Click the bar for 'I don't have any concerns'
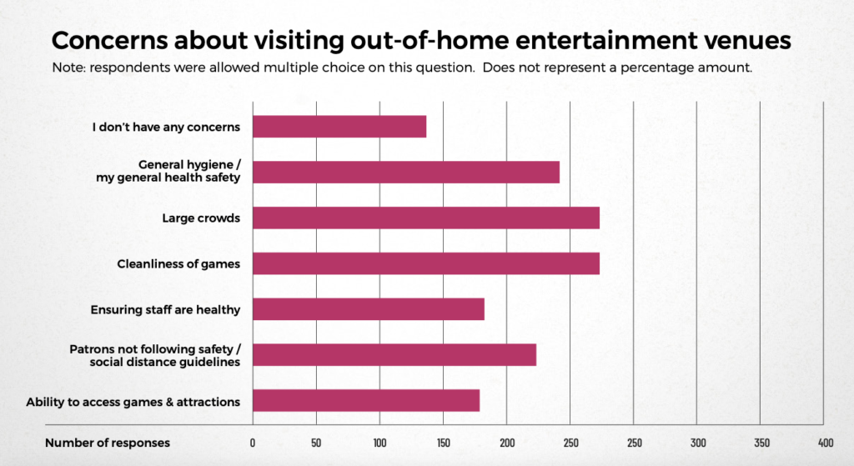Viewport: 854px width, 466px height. click(x=339, y=127)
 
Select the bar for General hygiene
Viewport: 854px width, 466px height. click(x=406, y=172)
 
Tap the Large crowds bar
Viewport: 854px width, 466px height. click(x=426, y=218)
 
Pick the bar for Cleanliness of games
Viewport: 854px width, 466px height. click(x=426, y=263)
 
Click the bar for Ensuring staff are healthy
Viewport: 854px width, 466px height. click(x=369, y=309)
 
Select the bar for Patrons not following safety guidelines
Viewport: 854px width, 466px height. click(x=394, y=355)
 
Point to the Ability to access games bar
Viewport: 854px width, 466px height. click(x=366, y=401)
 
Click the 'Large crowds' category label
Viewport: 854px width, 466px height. click(x=201, y=218)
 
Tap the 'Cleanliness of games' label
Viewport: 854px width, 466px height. click(x=178, y=264)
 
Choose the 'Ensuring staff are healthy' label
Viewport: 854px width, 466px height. click(x=165, y=310)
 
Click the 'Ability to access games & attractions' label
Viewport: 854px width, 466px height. click(x=133, y=402)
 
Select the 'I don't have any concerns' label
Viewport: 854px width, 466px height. click(x=166, y=128)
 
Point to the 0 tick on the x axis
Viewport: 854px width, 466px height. click(x=253, y=443)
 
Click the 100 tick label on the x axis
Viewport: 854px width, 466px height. click(x=379, y=443)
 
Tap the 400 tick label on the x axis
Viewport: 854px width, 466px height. click(x=825, y=443)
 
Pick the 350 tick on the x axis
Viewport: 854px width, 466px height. click(x=761, y=443)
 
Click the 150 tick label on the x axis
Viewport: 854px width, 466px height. click(x=443, y=443)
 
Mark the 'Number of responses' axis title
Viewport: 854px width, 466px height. click(x=108, y=443)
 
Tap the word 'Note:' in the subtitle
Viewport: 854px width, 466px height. click(x=68, y=68)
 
